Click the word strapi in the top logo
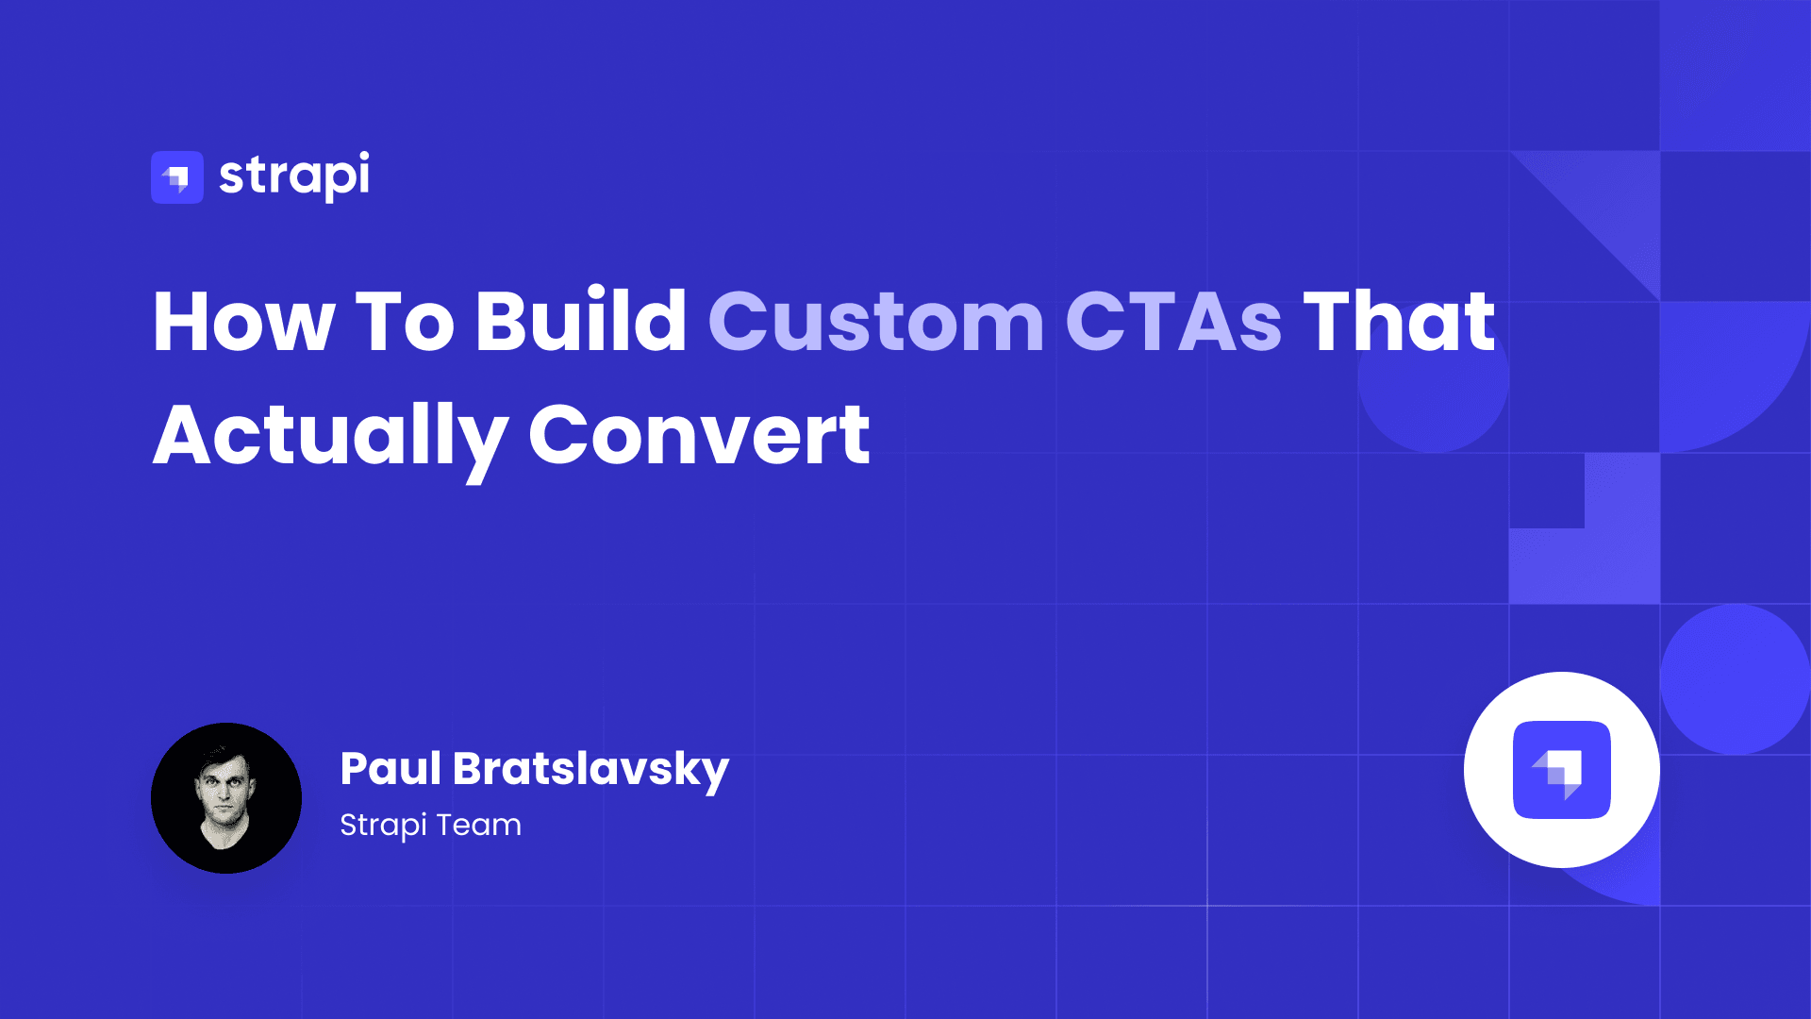click(x=294, y=175)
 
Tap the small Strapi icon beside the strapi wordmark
click(x=177, y=177)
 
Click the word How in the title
click(x=243, y=322)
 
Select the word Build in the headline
click(x=581, y=322)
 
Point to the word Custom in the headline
click(x=876, y=322)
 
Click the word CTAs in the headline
click(x=1173, y=322)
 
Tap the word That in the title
click(x=1399, y=322)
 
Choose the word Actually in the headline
click(x=330, y=436)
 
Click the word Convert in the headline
click(x=699, y=436)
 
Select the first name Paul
click(x=390, y=768)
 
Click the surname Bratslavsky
click(x=590, y=770)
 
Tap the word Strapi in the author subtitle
click(x=383, y=826)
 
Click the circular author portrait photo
click(x=226, y=798)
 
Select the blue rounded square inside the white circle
click(x=1561, y=769)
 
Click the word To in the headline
click(x=405, y=322)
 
